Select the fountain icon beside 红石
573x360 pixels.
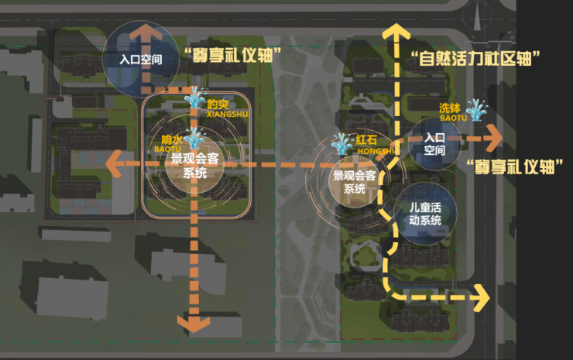[341, 142]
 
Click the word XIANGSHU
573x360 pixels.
[226, 115]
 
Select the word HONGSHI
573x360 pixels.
[376, 153]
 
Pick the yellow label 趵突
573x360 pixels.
[218, 104]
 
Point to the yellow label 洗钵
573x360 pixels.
[449, 108]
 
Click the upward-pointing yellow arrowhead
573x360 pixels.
[395, 32]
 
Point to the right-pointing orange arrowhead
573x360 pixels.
[492, 139]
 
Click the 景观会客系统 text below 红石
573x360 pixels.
[354, 183]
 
